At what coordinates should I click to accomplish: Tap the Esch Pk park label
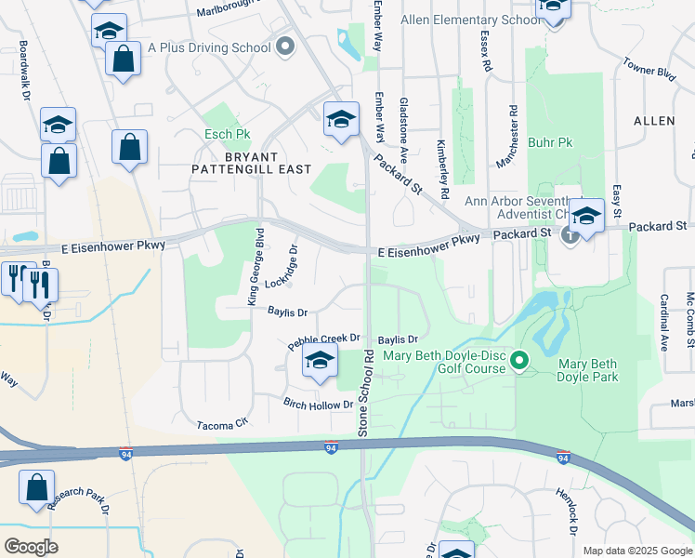(x=228, y=135)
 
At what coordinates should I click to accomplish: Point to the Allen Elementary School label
(x=468, y=20)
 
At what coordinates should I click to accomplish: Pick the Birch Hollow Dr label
(x=318, y=404)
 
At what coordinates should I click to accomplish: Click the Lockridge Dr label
(x=285, y=267)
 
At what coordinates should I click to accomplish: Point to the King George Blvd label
(x=255, y=266)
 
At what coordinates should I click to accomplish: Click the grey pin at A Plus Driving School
(x=284, y=45)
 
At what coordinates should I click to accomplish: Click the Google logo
(x=32, y=547)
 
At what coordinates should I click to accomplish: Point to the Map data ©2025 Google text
(x=636, y=551)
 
